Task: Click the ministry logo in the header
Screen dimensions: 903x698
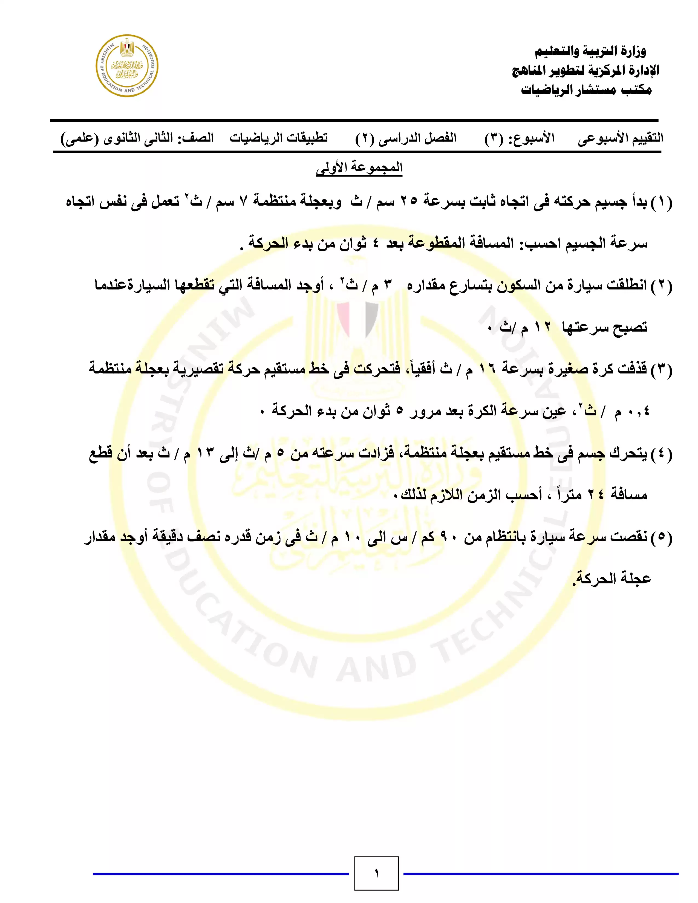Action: [127, 66]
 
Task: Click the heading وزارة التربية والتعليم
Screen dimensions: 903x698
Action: [590, 52]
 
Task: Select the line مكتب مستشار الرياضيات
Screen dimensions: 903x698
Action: [586, 90]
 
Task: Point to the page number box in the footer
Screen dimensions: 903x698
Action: [376, 873]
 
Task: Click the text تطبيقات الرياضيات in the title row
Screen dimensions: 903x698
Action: [279, 138]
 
